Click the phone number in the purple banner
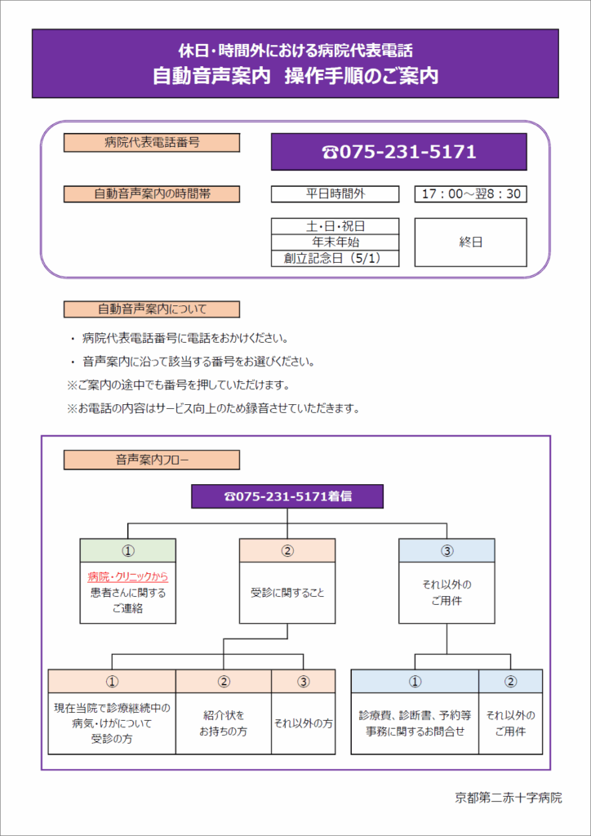pyautogui.click(x=399, y=152)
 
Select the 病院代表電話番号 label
pyautogui.click(x=152, y=143)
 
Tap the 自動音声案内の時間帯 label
pyautogui.click(x=152, y=194)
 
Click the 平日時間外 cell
pyautogui.click(x=335, y=194)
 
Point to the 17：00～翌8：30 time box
pyautogui.click(x=470, y=194)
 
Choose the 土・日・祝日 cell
pyautogui.click(x=335, y=226)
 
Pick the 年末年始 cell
pyautogui.click(x=335, y=242)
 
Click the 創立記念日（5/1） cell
pyautogui.click(x=335, y=259)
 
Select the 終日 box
pyautogui.click(x=470, y=242)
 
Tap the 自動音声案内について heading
pyautogui.click(x=152, y=309)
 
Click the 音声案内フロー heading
pyautogui.click(x=152, y=460)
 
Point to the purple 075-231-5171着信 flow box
pyautogui.click(x=287, y=496)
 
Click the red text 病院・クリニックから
pyautogui.click(x=127, y=577)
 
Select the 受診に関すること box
pyautogui.click(x=287, y=593)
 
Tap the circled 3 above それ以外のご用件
pyautogui.click(x=447, y=550)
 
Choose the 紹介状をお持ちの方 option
pyautogui.click(x=224, y=723)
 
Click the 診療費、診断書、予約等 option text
pyautogui.click(x=414, y=715)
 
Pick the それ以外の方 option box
pyautogui.click(x=303, y=723)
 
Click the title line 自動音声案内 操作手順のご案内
pyautogui.click(x=295, y=76)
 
